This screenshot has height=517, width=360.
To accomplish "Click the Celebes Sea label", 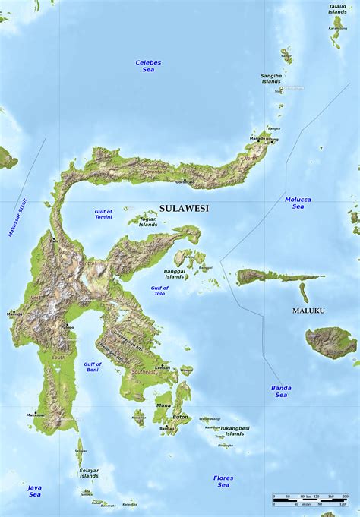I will coord(148,65).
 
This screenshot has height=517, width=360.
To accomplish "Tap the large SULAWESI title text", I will coord(184,207).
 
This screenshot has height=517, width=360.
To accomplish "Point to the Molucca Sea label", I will coord(298,203).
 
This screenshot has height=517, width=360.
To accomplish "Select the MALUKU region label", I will coord(309,311).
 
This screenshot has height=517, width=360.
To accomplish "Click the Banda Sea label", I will coord(280,391).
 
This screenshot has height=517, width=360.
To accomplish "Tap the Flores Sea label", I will coord(223,481).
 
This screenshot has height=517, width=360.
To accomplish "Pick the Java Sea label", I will coord(35,490).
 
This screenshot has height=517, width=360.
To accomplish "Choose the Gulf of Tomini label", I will coord(103,214).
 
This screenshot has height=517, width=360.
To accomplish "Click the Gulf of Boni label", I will coord(93,367).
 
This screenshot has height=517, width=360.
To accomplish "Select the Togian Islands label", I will coord(148,222).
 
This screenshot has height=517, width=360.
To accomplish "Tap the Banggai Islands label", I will coord(174,273).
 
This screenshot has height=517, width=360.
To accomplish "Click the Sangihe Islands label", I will coord(271,79).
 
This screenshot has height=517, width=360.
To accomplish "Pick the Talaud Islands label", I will coord(337,9).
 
